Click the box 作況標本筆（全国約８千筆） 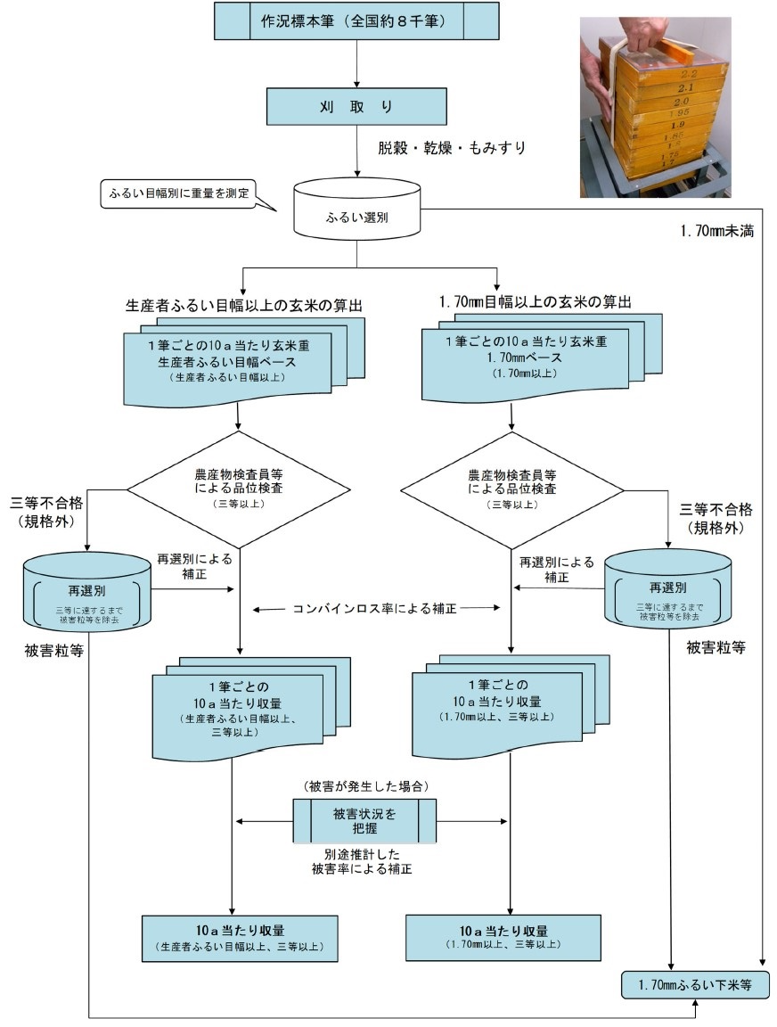(x=356, y=21)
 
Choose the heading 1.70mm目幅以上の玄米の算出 (x=535, y=303)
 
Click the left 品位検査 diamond (x=238, y=488)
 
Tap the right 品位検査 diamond (x=512, y=488)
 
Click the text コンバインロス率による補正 (x=374, y=609)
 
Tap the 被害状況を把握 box (x=365, y=820)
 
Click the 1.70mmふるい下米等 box (x=695, y=986)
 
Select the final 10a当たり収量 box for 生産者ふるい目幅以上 (x=241, y=937)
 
